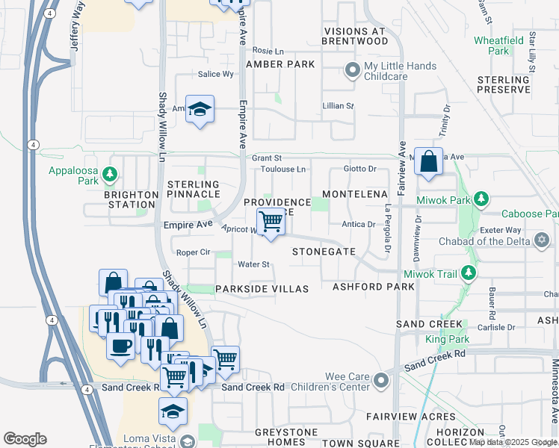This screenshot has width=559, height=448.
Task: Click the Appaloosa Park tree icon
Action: (x=110, y=174)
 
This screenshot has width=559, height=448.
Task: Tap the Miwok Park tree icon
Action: (x=482, y=199)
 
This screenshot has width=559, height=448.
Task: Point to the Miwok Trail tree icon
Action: (x=469, y=273)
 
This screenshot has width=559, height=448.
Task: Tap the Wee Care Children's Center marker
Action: (x=381, y=381)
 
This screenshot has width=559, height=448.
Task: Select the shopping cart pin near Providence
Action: (x=271, y=221)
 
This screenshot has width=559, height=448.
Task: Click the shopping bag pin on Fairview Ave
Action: (x=428, y=161)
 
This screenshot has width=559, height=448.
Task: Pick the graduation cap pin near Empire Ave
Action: (x=200, y=111)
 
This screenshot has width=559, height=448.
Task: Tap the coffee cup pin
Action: (x=120, y=346)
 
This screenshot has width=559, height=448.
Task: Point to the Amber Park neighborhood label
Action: (x=285, y=65)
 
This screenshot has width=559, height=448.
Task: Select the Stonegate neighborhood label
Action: (x=323, y=252)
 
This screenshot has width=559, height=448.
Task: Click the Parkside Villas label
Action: (x=262, y=289)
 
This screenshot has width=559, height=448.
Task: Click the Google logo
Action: (x=25, y=439)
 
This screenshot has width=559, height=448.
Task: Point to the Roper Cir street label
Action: (x=193, y=252)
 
